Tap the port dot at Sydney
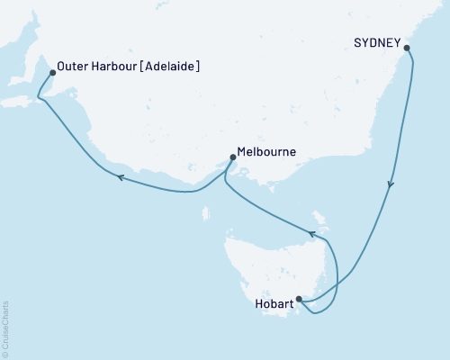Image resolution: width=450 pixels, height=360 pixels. coord(406,48)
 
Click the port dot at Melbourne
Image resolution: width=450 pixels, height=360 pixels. coord(233,157)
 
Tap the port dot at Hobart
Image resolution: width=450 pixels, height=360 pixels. coord(299,300)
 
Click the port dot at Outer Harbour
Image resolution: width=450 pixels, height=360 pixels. coord(52,72)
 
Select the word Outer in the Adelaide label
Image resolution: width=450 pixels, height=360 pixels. coord(72,67)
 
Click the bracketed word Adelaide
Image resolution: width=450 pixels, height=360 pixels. coord(169,67)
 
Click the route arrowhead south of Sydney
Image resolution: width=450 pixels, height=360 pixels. coord(391,185)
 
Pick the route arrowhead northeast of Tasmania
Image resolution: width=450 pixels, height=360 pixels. coord(313,234)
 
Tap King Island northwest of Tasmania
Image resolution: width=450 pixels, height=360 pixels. coord(207,213)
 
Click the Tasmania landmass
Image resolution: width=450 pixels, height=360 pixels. coord(279,270)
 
